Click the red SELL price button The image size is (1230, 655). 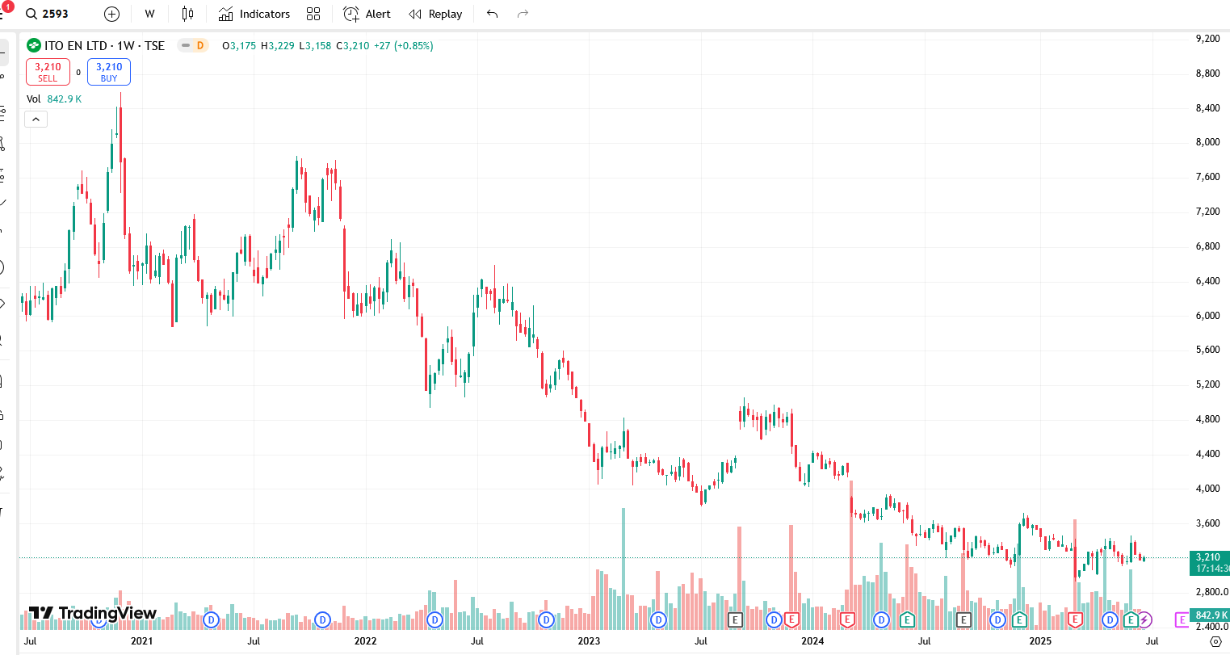tap(48, 72)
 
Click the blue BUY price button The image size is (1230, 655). tap(109, 72)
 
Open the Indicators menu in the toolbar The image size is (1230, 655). tap(254, 14)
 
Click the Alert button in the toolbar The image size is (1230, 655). tap(367, 14)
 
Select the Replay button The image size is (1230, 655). tap(435, 14)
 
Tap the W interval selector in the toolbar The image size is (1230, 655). tap(149, 14)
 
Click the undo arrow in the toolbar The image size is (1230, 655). tap(493, 14)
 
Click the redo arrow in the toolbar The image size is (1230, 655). tap(523, 14)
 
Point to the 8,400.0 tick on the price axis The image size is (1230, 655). tap(1207, 108)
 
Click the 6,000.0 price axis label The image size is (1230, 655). tap(1207, 316)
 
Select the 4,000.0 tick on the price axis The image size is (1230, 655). tap(1207, 489)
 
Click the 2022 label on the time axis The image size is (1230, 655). tap(365, 641)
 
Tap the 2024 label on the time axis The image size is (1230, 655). tap(812, 641)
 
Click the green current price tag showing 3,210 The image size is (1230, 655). tap(1209, 562)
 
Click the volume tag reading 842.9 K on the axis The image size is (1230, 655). tap(1211, 615)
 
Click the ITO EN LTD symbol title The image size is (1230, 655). tap(104, 46)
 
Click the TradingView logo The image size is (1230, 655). tap(92, 613)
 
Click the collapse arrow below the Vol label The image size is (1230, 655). tap(36, 120)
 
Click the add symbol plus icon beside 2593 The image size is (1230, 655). tap(111, 14)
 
